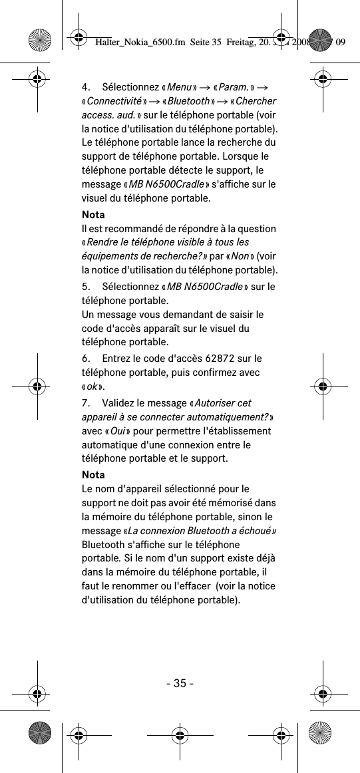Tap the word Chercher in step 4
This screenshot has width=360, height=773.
click(256, 101)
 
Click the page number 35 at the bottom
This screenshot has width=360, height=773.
click(180, 683)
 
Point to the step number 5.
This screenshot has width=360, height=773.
click(85, 287)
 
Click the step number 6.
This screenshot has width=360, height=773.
click(85, 359)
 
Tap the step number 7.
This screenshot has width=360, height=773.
click(85, 403)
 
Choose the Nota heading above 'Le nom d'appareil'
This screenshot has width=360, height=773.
click(93, 475)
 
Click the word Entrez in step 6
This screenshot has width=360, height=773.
click(116, 359)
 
